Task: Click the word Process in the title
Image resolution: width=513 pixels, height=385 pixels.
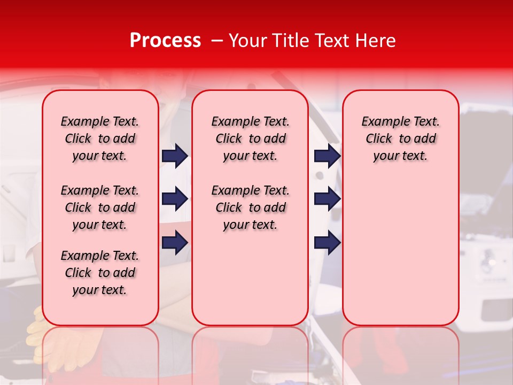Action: point(165,41)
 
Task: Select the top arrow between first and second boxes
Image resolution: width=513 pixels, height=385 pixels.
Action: point(175,156)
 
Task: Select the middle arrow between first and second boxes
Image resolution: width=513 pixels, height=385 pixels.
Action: point(175,199)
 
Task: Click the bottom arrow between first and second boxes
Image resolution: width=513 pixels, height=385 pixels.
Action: point(175,242)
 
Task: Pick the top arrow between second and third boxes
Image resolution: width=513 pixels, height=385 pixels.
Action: point(328,156)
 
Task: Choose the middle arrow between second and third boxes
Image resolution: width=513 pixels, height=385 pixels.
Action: point(328,199)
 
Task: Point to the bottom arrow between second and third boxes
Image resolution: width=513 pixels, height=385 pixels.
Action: point(328,242)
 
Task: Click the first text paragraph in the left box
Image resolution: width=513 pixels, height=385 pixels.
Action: point(100,138)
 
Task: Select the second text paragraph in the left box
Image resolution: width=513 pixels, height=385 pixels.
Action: point(100,207)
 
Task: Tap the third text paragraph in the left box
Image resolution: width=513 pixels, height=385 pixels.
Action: point(100,273)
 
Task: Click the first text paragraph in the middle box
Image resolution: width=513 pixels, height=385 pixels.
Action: point(250,138)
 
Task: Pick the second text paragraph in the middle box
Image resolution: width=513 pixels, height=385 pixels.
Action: point(250,207)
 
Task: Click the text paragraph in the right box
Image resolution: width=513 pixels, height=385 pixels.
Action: point(400,138)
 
